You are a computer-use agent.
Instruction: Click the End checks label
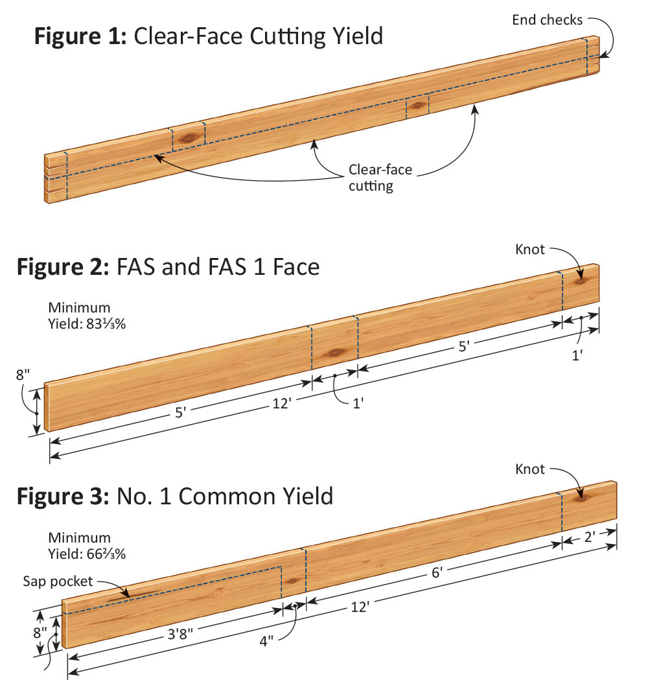coord(548,19)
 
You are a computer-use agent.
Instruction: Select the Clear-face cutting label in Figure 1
coord(371,178)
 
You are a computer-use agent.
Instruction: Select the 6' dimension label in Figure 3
coord(437,572)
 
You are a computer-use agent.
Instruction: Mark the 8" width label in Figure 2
coord(23,375)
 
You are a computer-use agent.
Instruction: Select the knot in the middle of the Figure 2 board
coord(336,352)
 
